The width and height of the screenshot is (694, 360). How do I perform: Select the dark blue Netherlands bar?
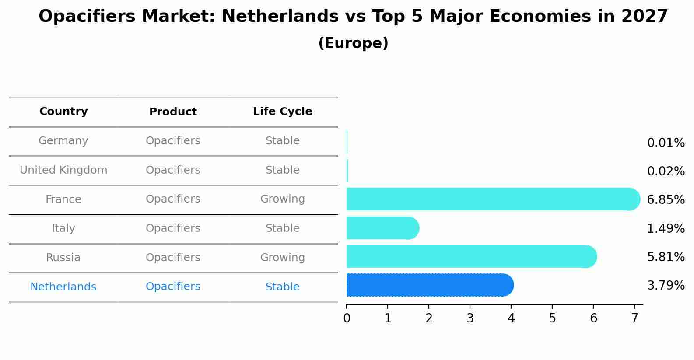click(x=429, y=285)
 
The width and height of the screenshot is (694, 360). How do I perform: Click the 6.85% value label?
click(x=666, y=200)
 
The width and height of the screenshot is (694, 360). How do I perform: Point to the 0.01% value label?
click(x=666, y=143)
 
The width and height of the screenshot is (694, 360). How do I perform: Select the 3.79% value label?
click(x=666, y=286)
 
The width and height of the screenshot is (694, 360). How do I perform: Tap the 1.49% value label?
click(x=666, y=228)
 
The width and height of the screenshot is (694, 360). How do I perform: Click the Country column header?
click(x=63, y=112)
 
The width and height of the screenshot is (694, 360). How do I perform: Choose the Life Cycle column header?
click(x=282, y=112)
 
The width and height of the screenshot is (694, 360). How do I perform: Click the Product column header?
click(x=173, y=112)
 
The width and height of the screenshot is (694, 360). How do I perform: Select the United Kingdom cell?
click(x=63, y=170)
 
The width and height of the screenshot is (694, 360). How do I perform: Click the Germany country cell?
click(x=63, y=141)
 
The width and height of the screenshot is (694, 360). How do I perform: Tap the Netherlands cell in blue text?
click(x=63, y=287)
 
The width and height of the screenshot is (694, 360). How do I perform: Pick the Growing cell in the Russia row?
click(x=282, y=258)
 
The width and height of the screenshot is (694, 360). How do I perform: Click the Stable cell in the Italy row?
click(x=282, y=228)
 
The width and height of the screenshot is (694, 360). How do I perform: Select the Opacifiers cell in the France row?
click(x=173, y=199)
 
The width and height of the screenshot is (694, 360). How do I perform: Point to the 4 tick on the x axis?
click(x=511, y=318)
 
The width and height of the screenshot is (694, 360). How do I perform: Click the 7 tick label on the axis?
click(x=634, y=318)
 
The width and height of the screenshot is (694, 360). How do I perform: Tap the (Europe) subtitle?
click(x=353, y=43)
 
